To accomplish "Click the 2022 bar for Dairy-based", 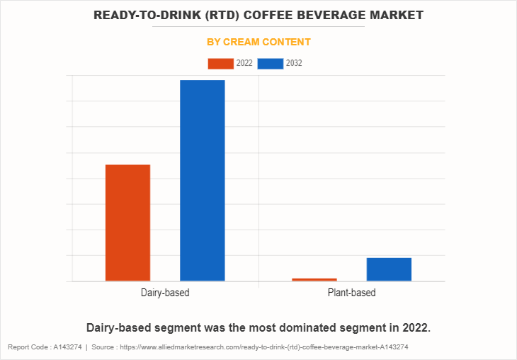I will point(127,223).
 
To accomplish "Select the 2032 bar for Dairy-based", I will point(202,181).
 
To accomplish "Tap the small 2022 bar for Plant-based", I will point(314,279).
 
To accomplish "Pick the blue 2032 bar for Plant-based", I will point(389,269).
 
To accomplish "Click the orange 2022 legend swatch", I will point(220,64).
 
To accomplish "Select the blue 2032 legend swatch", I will point(271,64).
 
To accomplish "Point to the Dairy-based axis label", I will point(165,293).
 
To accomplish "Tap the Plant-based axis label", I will point(351,293).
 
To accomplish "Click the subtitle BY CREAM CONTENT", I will point(258,42).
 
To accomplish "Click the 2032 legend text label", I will point(294,64).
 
